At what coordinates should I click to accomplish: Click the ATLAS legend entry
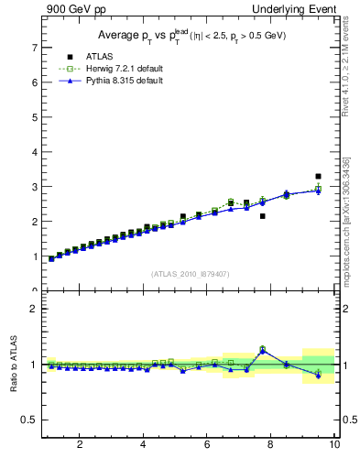pos(88,57)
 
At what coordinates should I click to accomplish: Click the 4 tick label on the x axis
pos(143,445)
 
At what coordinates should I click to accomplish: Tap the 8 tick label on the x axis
pos(271,445)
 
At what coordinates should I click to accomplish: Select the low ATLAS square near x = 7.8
pos(263,216)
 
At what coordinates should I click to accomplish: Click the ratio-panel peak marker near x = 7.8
pos(263,349)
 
